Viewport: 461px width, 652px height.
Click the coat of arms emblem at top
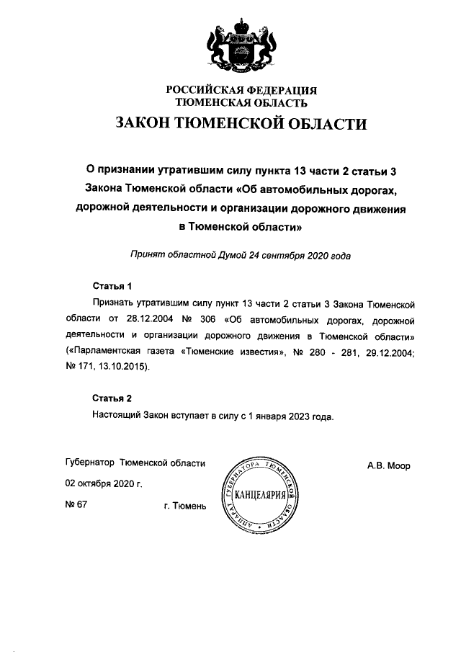coord(242,45)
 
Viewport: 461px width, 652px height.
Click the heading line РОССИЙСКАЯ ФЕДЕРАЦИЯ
coord(242,91)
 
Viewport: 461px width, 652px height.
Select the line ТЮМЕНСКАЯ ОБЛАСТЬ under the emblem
coord(242,103)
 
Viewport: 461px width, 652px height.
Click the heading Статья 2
coord(112,398)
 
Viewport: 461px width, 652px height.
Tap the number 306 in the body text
coord(205,320)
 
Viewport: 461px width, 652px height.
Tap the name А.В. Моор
coord(388,466)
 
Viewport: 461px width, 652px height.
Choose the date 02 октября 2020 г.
coord(104,484)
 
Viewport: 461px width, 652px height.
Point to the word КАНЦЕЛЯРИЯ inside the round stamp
coord(261,496)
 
